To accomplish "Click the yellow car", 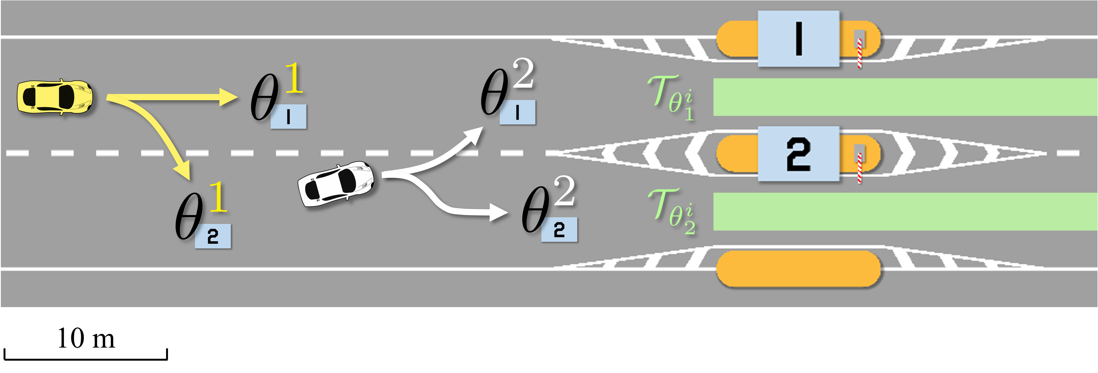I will tap(55, 97).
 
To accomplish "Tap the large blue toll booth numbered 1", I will tap(798, 39).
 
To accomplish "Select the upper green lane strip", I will tap(904, 97).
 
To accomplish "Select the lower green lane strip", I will tap(904, 212).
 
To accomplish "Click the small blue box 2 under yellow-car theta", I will tap(213, 236).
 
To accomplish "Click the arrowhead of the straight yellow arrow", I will tap(228, 97).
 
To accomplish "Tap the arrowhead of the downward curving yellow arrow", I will tap(183, 170).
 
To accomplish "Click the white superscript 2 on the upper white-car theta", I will tap(523, 73).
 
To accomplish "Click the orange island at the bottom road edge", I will tap(798, 269).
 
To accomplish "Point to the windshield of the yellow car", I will tap(66, 97).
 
